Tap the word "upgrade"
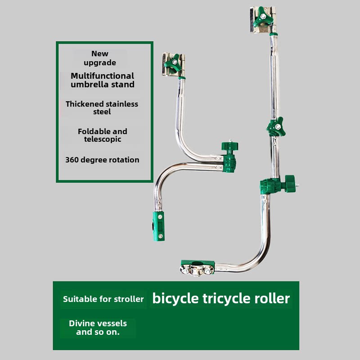point(100,63)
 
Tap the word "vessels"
point(112,324)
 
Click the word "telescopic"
point(102,139)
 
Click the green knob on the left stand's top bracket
point(171,67)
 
